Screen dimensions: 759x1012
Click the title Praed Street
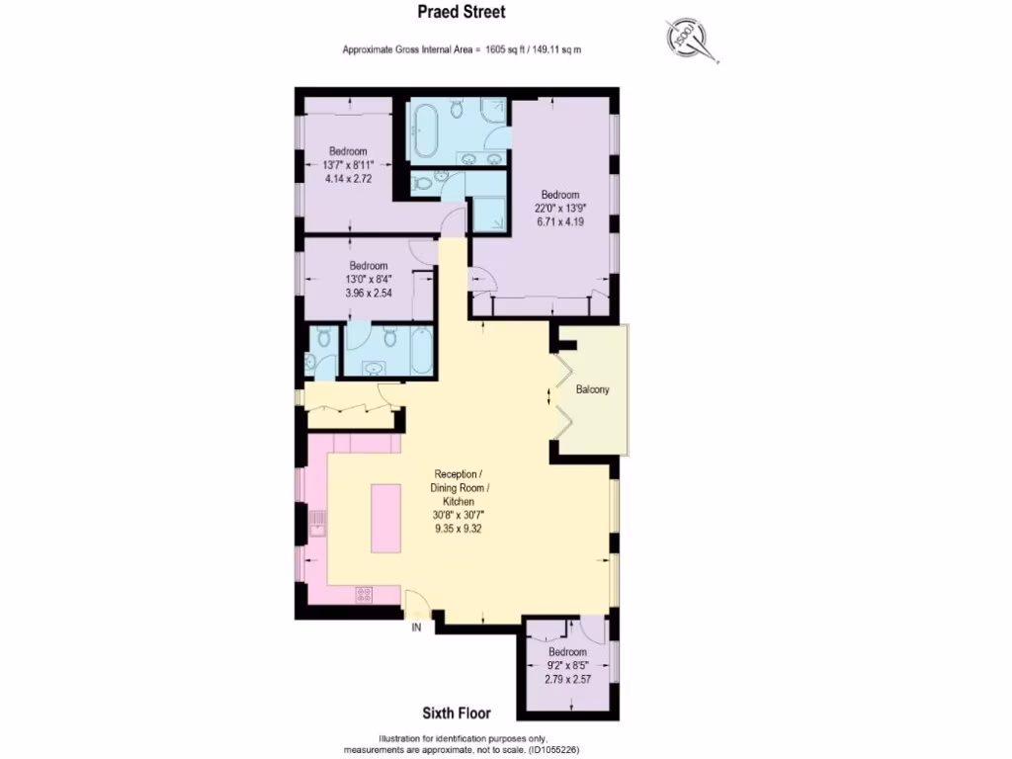tap(462, 13)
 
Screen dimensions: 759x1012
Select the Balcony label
tap(592, 389)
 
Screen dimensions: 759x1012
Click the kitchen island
tap(387, 518)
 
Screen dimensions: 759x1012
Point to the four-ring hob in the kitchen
tap(365, 595)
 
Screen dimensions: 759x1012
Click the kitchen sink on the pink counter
tap(317, 522)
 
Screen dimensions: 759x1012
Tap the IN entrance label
tap(417, 628)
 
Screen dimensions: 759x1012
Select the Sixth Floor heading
tap(456, 713)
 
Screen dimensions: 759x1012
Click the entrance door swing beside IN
tap(416, 599)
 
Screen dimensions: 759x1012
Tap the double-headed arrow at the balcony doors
tap(550, 397)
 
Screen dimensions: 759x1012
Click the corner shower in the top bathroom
tap(488, 211)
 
